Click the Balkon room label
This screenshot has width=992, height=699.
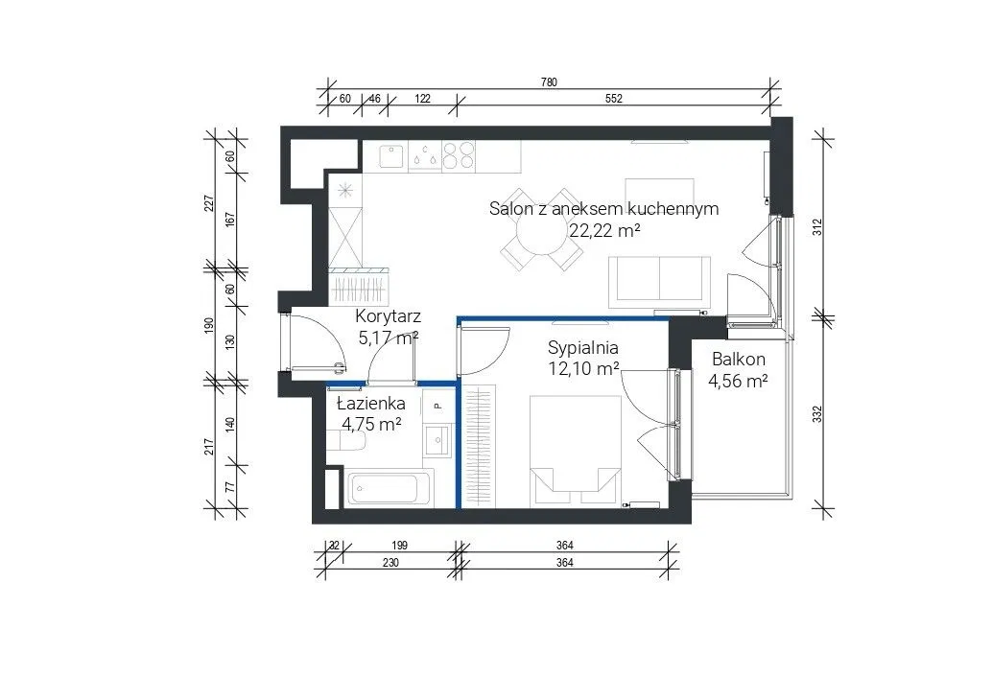[x=739, y=360]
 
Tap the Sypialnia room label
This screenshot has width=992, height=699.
[x=582, y=348]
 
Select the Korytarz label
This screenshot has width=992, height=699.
[x=388, y=316]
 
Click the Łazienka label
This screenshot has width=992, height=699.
[x=370, y=403]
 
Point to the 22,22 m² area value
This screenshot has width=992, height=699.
[x=604, y=230]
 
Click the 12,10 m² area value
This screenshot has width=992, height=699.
[x=583, y=368]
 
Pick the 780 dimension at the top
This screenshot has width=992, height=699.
[x=549, y=82]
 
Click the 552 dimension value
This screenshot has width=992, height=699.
[x=614, y=99]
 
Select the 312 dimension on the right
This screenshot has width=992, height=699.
[x=816, y=227]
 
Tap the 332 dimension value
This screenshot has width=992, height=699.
[x=816, y=414]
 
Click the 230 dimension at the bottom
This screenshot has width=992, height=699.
[x=391, y=562]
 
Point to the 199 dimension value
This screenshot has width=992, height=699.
[x=399, y=546]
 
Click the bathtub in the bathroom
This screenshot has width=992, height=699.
[x=389, y=488]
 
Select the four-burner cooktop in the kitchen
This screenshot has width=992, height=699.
[x=459, y=155]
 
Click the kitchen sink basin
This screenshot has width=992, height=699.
[x=391, y=155]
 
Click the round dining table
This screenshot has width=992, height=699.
[x=541, y=230]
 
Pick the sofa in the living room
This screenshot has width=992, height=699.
[x=658, y=278]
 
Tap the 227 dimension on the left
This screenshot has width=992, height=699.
[x=209, y=203]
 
